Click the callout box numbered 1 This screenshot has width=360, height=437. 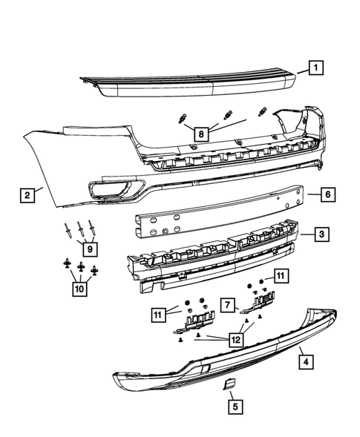pyautogui.click(x=315, y=68)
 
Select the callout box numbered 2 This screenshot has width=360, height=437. pyautogui.click(x=27, y=196)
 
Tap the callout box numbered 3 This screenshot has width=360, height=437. pyautogui.click(x=320, y=235)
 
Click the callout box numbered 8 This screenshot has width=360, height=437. pyautogui.click(x=200, y=134)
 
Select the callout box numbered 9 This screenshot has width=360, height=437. pyautogui.click(x=89, y=249)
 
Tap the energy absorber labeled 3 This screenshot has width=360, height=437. pyautogui.click(x=215, y=252)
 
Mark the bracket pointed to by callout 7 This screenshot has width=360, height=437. pyautogui.click(x=261, y=300)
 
